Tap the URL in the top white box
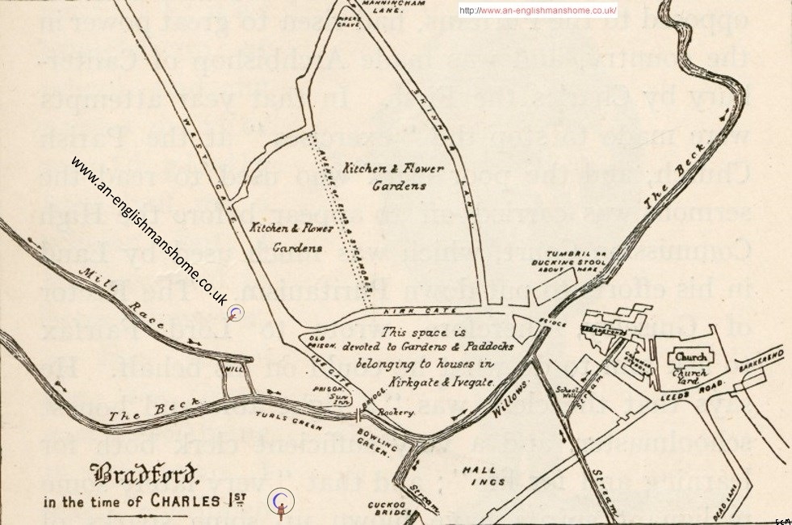(x=538, y=10)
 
